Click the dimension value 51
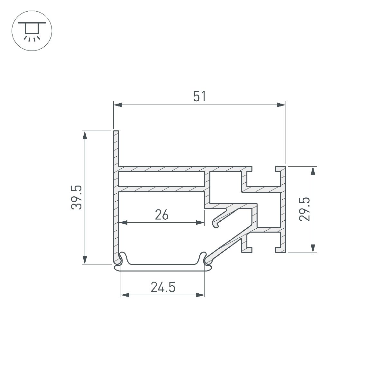199,96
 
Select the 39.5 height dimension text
77,198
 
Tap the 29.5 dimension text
304,209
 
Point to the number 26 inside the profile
161,215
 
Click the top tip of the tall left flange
116,132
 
